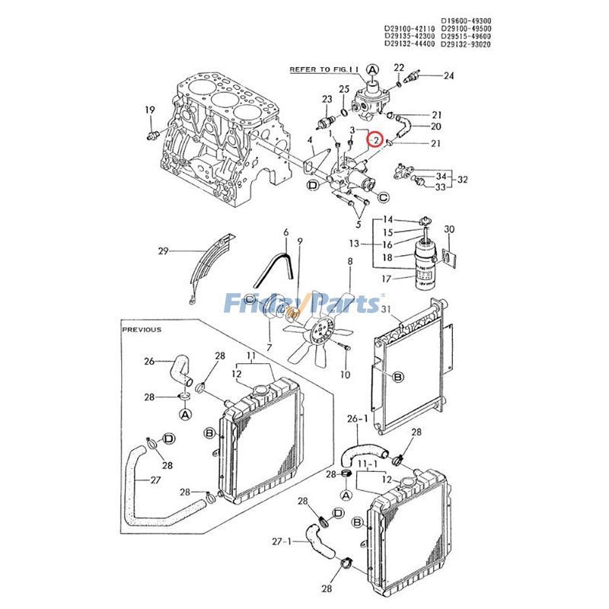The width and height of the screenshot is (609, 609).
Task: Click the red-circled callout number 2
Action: [373, 139]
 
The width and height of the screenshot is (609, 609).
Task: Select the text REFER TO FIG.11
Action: [324, 69]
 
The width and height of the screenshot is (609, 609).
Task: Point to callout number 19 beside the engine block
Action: [149, 110]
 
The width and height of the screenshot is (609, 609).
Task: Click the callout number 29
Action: [162, 250]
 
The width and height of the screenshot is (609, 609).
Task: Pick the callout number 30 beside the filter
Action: [448, 230]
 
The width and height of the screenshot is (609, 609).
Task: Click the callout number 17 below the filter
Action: [387, 278]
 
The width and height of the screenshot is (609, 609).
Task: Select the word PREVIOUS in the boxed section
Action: [142, 330]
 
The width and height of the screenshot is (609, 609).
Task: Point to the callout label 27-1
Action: [282, 540]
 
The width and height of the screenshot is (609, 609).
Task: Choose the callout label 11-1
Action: [368, 461]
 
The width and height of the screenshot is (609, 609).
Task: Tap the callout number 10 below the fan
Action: [345, 375]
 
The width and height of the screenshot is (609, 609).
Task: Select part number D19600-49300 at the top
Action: [466, 21]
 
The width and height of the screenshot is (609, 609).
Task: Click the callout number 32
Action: [462, 180]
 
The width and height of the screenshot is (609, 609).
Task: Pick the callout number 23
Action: [327, 100]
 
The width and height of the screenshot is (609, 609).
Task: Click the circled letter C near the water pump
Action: [384, 198]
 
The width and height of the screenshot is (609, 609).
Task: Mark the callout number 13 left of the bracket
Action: [352, 244]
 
